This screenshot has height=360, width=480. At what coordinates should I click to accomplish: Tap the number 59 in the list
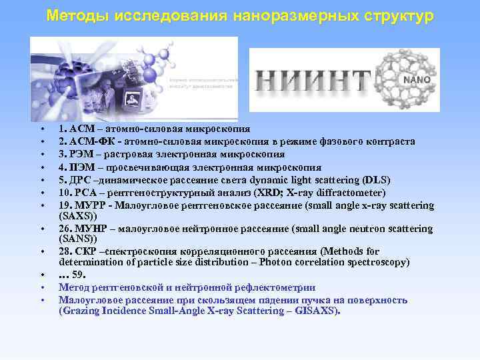pos(79,274)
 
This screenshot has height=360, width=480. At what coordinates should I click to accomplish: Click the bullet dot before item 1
pos(41,129)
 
